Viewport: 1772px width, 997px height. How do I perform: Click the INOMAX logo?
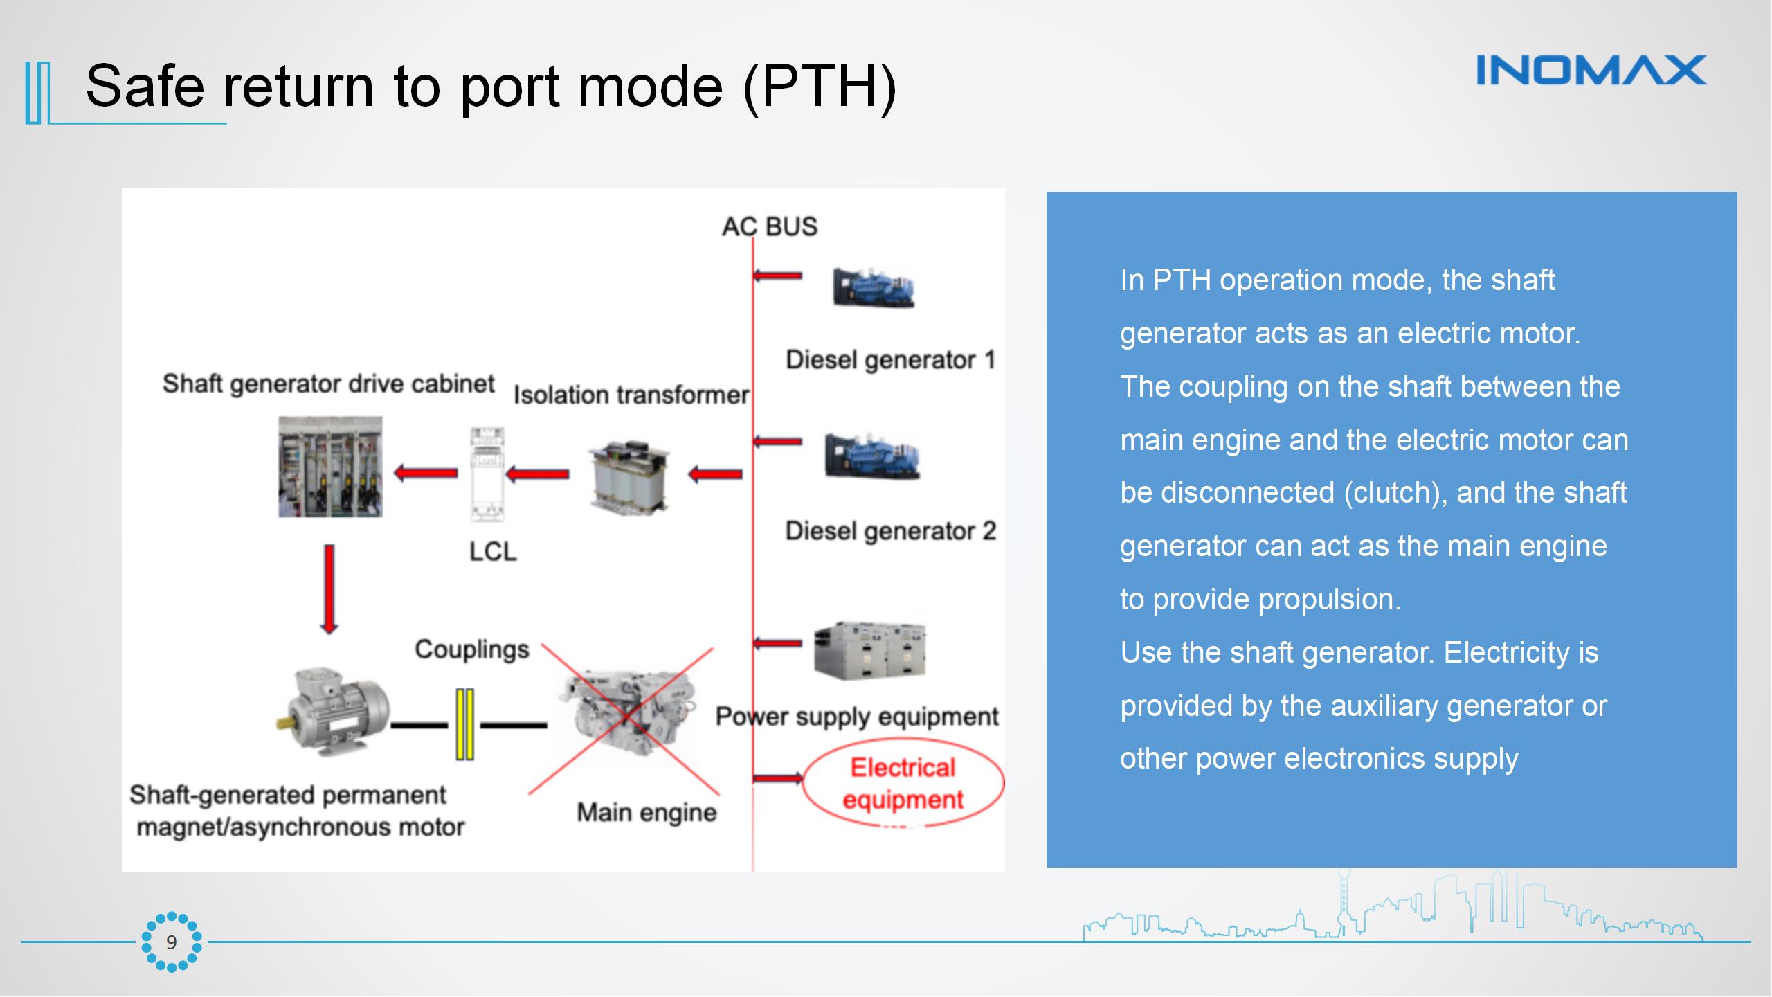coord(1591,71)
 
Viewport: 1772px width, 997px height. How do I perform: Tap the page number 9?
coord(171,942)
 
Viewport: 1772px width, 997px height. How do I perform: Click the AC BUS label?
coord(769,227)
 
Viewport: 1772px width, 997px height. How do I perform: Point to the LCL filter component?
coord(487,474)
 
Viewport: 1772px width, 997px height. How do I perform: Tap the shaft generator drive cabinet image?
coord(330,467)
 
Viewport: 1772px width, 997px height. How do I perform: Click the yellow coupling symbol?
coord(464,724)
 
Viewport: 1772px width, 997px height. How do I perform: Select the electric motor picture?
coord(331,713)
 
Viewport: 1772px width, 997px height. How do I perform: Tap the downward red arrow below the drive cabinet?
coord(329,589)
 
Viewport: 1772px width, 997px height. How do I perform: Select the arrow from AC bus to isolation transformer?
coord(715,475)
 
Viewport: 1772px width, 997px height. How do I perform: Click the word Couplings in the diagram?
coord(471,649)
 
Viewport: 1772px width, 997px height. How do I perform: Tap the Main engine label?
coord(647,812)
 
